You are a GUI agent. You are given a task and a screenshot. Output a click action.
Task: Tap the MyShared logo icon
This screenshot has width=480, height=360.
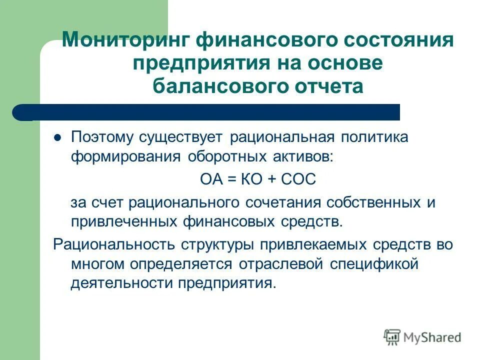[393, 337]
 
